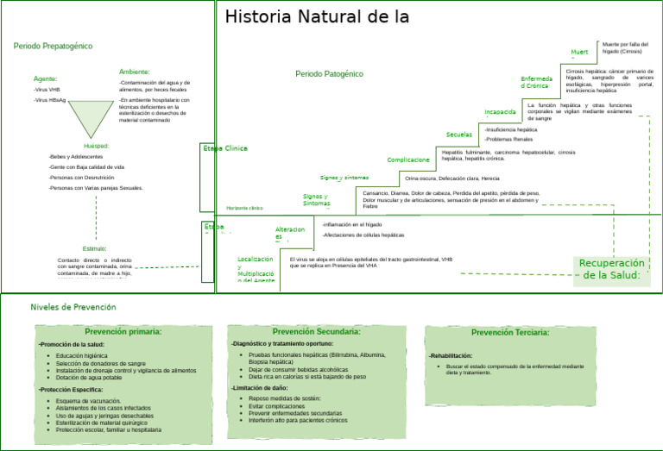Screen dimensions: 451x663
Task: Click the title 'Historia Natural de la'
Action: coord(317,17)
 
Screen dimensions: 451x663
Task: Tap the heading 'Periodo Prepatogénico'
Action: coord(53,46)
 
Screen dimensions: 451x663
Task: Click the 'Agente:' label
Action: coord(46,78)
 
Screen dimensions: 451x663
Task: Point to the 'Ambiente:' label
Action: coord(135,72)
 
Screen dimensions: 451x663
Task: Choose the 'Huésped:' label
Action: coord(97,146)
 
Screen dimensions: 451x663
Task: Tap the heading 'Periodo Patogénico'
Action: coord(329,74)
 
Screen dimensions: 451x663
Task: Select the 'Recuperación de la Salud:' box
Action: coord(611,269)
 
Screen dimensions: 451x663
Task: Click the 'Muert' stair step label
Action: coord(579,53)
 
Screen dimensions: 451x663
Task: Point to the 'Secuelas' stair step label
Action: coord(459,135)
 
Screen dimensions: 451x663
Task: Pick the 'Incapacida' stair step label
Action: coord(500,112)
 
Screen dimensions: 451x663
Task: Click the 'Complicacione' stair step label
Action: coord(408,160)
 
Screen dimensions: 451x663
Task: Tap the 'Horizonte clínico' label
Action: coord(244,209)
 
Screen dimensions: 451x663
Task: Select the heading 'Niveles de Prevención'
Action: coord(73,307)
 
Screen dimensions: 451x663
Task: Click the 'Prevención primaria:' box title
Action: coord(123,332)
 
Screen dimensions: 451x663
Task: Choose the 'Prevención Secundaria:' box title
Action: coord(316,332)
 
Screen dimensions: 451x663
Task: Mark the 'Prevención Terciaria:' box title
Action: coord(510,333)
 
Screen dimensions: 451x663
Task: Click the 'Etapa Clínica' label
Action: coord(224,149)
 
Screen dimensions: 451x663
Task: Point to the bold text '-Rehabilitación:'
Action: coord(451,356)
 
